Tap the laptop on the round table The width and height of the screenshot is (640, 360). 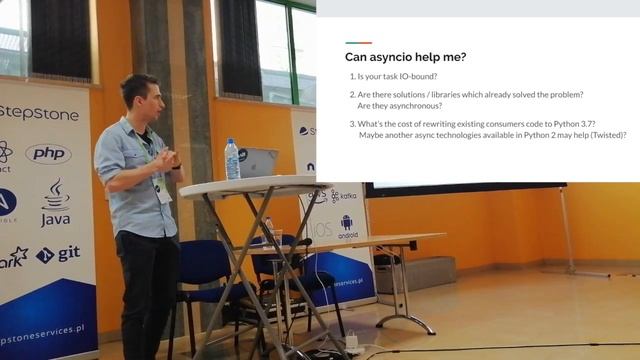[257, 162]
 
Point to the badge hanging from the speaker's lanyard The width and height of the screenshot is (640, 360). [161, 189]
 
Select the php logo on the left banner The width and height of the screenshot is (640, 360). [48, 153]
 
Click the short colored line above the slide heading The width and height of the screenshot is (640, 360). [358, 42]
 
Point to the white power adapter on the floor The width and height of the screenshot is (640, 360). [352, 342]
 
